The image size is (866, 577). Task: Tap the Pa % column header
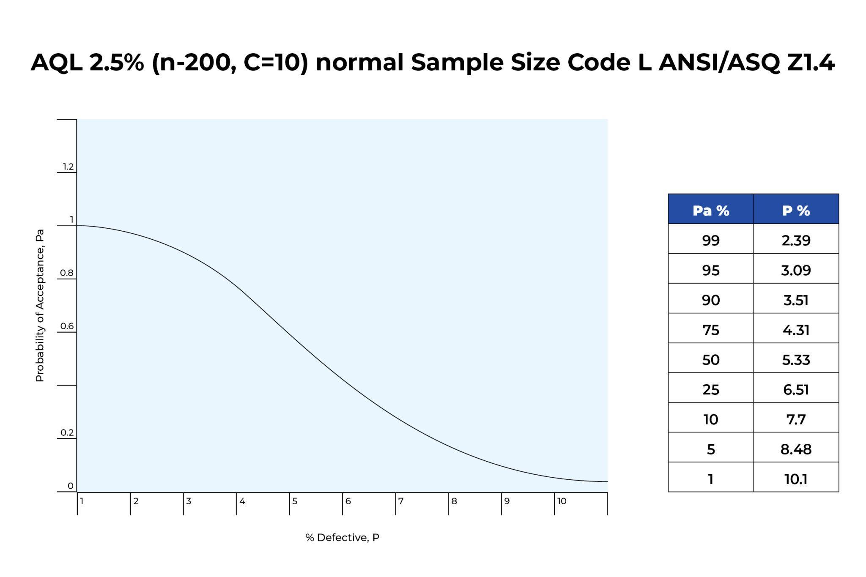pos(710,210)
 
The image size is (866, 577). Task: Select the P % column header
pos(796,210)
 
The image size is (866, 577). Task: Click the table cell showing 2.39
pos(796,240)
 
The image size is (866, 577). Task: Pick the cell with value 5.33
pos(796,359)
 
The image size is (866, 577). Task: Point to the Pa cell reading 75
pos(710,330)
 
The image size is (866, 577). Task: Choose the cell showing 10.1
pos(796,479)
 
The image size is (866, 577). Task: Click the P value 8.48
pos(796,449)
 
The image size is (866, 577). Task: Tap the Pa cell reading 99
pos(710,240)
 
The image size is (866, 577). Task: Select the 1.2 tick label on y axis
pos(68,167)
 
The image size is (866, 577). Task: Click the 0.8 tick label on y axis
pos(67,273)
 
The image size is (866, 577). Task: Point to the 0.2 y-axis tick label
pos(67,432)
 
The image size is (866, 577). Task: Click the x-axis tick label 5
pos(295,501)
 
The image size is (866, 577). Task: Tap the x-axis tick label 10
pos(562,501)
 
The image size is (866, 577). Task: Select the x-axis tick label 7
pos(401,501)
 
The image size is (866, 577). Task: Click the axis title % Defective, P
pos(342,538)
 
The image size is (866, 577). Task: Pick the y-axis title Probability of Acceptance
pos(39,305)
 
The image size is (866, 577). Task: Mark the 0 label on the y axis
pos(70,486)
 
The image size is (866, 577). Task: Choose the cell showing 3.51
pos(796,300)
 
